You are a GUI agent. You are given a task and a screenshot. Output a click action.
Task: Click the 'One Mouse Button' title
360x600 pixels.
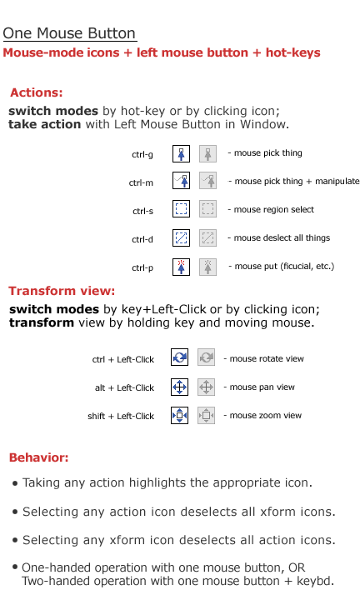pyautogui.click(x=69, y=33)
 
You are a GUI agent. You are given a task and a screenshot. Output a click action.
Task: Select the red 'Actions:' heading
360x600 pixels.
pyautogui.click(x=37, y=92)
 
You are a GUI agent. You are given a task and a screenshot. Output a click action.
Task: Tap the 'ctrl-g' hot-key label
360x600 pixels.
pyautogui.click(x=142, y=155)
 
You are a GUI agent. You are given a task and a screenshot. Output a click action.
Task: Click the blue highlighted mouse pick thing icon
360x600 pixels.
pyautogui.click(x=181, y=154)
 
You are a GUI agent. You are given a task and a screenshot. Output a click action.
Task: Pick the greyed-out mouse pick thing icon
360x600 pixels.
pyautogui.click(x=207, y=154)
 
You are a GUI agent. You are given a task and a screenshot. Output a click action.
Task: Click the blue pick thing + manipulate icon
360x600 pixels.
pyautogui.click(x=181, y=180)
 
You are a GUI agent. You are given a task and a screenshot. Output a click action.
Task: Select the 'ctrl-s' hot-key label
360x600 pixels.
pyautogui.click(x=142, y=211)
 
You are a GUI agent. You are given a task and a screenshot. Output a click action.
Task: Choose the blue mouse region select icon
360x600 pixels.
pyautogui.click(x=181, y=209)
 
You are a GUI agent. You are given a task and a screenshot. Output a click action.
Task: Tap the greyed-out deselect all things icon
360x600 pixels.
pyautogui.click(x=207, y=237)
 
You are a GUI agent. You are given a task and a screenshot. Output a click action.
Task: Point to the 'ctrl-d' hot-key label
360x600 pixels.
pyautogui.click(x=142, y=239)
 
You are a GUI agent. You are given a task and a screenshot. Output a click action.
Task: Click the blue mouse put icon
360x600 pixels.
pyautogui.click(x=181, y=267)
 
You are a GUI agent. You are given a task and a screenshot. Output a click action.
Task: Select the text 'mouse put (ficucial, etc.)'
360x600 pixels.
pyautogui.click(x=284, y=267)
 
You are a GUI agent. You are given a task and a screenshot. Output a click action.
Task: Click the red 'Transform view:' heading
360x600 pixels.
pyautogui.click(x=62, y=291)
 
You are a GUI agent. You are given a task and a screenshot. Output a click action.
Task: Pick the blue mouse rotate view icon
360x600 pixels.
pyautogui.click(x=179, y=357)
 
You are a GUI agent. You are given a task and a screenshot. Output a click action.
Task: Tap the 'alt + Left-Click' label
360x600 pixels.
pyautogui.click(x=124, y=388)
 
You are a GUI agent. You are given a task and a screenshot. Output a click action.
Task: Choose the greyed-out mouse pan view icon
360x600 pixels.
pyautogui.click(x=206, y=387)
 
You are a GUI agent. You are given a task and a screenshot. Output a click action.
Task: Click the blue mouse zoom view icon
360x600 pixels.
pyautogui.click(x=179, y=415)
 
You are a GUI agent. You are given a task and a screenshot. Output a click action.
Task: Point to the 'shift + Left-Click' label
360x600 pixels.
pyautogui.click(x=121, y=417)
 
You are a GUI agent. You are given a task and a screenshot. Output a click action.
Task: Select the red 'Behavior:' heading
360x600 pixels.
pyautogui.click(x=38, y=457)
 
